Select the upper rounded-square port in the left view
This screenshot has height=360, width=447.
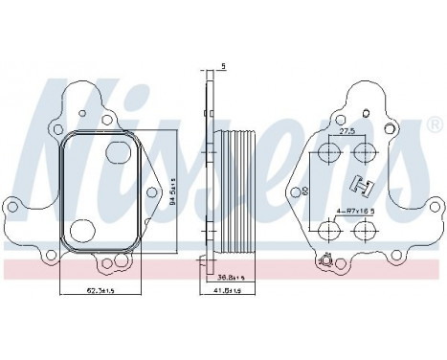click(114, 154)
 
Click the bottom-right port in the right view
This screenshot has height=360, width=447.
click(363, 230)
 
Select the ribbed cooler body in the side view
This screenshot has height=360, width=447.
click(234, 191)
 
